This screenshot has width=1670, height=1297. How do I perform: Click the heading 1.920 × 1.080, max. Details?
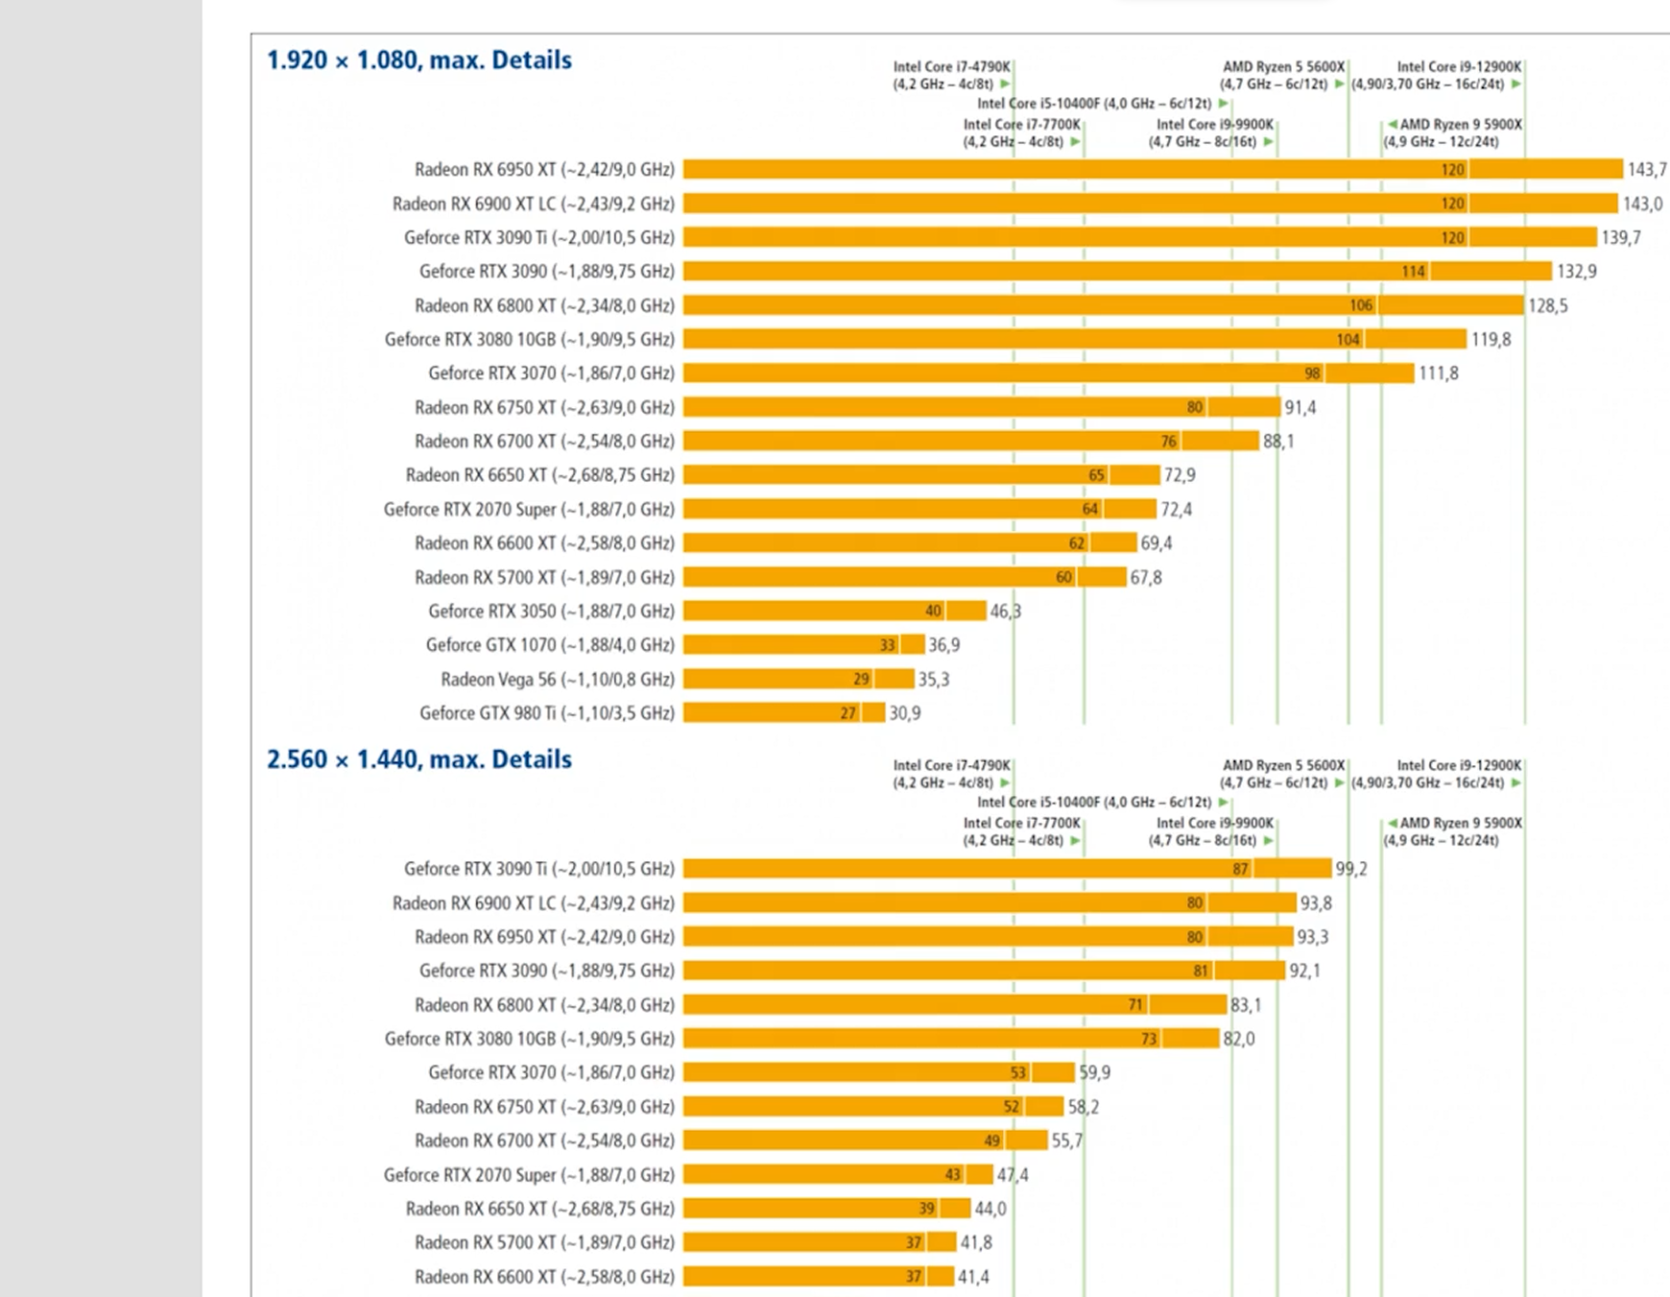click(x=418, y=60)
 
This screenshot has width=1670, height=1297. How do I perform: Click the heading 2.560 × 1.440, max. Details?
click(x=418, y=759)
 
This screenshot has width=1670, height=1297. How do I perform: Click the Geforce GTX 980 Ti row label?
click(x=546, y=713)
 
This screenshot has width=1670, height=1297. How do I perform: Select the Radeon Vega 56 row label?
click(x=557, y=680)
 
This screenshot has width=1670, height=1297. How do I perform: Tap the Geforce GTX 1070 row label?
click(x=549, y=645)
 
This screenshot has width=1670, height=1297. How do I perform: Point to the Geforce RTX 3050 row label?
click(x=551, y=612)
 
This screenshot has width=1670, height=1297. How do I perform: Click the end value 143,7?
click(x=1646, y=170)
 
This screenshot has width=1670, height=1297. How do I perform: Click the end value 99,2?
click(x=1350, y=869)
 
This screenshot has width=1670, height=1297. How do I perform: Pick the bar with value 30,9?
click(x=783, y=713)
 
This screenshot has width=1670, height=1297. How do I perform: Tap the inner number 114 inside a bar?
click(x=1413, y=272)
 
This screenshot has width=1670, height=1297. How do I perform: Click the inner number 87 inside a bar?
click(x=1240, y=869)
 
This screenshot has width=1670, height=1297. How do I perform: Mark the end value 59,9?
click(x=1094, y=1072)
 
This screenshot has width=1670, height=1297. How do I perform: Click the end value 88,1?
click(x=1277, y=442)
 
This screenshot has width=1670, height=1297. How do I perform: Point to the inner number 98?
click(x=1312, y=373)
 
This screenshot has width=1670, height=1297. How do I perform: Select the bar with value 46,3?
click(x=833, y=612)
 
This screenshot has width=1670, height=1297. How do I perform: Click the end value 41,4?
click(x=972, y=1277)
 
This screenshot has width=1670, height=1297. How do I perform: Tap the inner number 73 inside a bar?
click(x=1148, y=1039)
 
